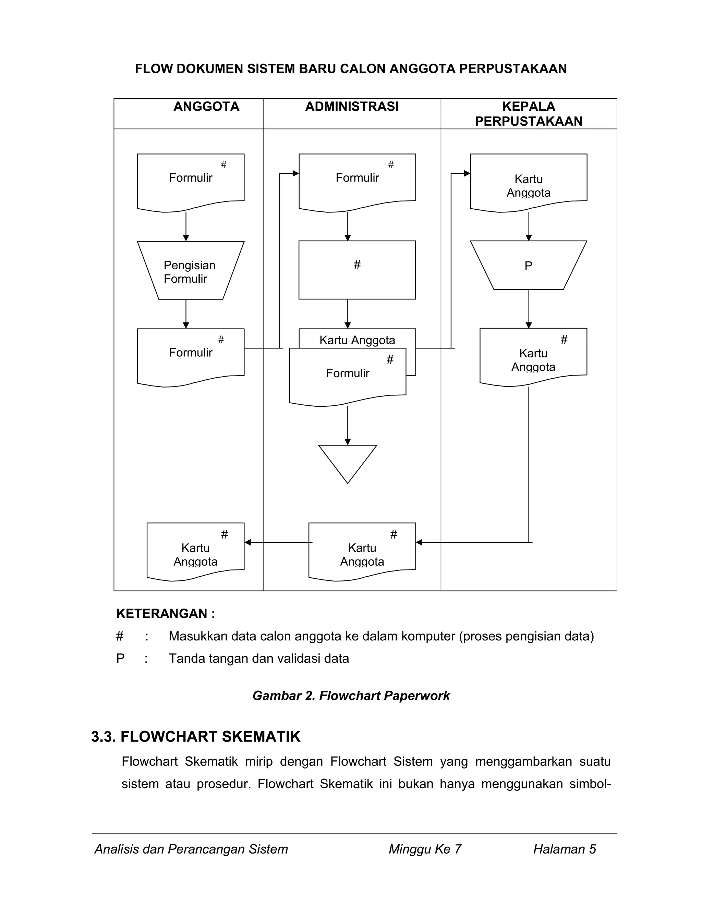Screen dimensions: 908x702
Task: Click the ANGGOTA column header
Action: click(x=206, y=107)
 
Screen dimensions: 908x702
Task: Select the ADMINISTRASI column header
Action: click(x=352, y=107)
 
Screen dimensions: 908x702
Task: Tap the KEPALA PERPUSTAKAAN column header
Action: click(x=528, y=114)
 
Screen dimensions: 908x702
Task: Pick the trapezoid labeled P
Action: click(x=528, y=265)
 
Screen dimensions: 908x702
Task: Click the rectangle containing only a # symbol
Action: click(x=357, y=270)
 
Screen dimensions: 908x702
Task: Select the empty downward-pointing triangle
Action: click(x=347, y=460)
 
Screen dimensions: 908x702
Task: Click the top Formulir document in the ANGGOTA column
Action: click(x=191, y=181)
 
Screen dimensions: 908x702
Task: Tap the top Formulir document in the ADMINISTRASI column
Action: click(x=357, y=181)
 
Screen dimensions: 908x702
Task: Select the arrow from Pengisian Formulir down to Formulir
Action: click(x=186, y=314)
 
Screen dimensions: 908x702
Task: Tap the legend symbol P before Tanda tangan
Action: click(x=120, y=659)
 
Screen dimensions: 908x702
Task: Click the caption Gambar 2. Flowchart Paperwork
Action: click(x=351, y=696)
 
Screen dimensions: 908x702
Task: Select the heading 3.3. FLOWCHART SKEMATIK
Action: click(x=195, y=737)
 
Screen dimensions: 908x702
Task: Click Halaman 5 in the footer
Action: click(x=564, y=849)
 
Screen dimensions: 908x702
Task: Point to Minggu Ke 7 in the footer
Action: click(x=425, y=849)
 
